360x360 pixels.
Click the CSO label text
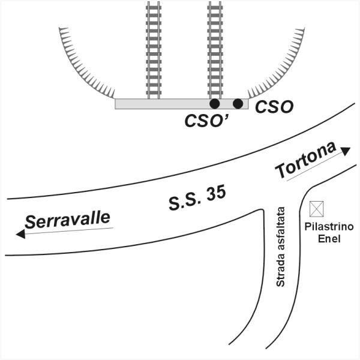[274, 107]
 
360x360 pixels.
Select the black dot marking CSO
[238, 104]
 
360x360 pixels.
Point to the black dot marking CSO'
[214, 103]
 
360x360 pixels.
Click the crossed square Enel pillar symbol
[316, 209]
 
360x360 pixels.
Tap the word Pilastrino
[329, 227]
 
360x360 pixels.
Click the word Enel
[329, 238]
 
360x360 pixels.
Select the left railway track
[154, 48]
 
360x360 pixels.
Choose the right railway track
[214, 48]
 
